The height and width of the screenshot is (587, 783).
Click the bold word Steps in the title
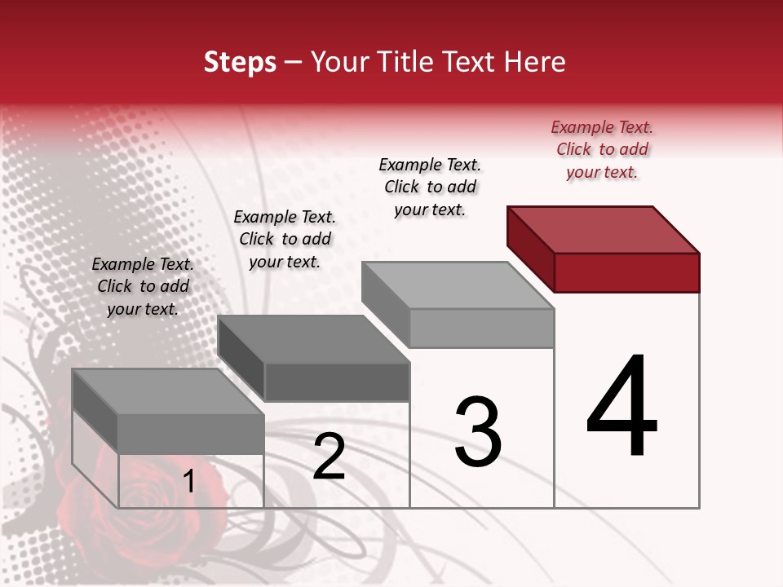pyautogui.click(x=240, y=62)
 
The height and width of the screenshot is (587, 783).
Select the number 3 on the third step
pyautogui.click(x=478, y=432)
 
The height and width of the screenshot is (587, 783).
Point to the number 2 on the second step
pyautogui.click(x=329, y=457)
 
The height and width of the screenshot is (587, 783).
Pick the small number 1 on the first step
pyautogui.click(x=189, y=482)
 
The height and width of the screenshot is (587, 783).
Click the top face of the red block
pyautogui.click(x=604, y=230)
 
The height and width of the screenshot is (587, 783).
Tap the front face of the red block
pyautogui.click(x=626, y=272)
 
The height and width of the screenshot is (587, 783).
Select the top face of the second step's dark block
pyautogui.click(x=314, y=339)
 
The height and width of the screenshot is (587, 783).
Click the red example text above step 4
pyautogui.click(x=602, y=150)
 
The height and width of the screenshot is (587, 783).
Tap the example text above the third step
pyautogui.click(x=430, y=188)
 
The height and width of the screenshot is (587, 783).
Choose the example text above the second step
pyautogui.click(x=285, y=239)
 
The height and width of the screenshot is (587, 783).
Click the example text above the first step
pyautogui.click(x=143, y=286)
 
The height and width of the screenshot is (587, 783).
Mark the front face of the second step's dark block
pyautogui.click(x=336, y=382)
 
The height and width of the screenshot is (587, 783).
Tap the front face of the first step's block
pyautogui.click(x=191, y=434)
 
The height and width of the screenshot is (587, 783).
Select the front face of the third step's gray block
pyautogui.click(x=481, y=329)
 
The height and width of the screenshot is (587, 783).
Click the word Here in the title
pyautogui.click(x=537, y=62)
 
